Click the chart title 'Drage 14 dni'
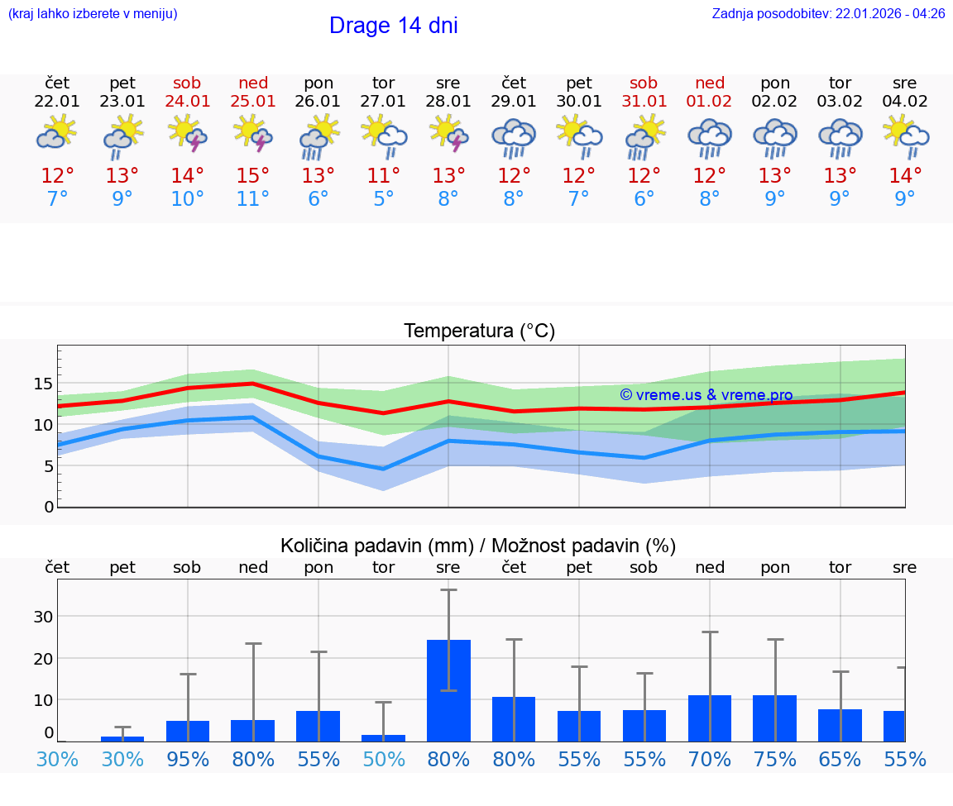[x=393, y=26]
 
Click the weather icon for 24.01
[x=187, y=133]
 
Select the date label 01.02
[x=709, y=102]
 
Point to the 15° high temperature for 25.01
[x=252, y=176]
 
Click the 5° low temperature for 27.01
[x=383, y=199]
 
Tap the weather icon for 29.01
[x=514, y=137]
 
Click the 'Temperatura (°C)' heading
[x=479, y=331]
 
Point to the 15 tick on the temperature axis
[x=43, y=384]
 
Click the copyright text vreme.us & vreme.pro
[x=706, y=395]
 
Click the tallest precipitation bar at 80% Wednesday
[x=448, y=690]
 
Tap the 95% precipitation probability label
[x=188, y=760]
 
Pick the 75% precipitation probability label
[x=775, y=760]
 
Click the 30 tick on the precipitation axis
[x=43, y=617]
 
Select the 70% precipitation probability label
[x=710, y=760]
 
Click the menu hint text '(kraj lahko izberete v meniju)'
[x=93, y=14]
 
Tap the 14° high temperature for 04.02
[x=905, y=176]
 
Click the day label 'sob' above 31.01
[x=644, y=83]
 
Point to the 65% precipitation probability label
[x=840, y=760]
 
